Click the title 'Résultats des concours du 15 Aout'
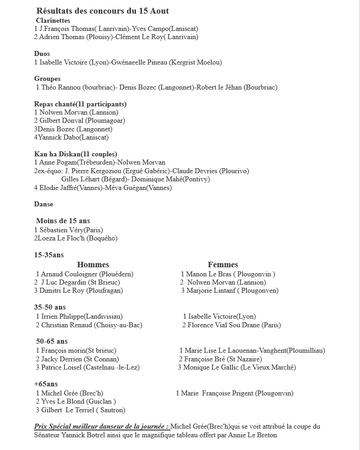(102, 11)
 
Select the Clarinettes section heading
(53, 20)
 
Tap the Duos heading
(42, 54)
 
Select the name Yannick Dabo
(58, 137)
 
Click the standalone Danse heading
(44, 204)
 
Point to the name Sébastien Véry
(61, 230)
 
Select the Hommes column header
(93, 265)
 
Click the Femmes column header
(223, 265)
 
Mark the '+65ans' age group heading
(46, 384)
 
